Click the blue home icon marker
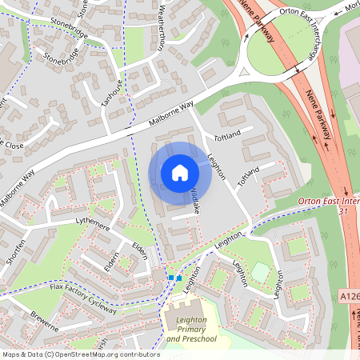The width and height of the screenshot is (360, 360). [x=180, y=173]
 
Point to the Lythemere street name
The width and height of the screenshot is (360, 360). [x=92, y=228]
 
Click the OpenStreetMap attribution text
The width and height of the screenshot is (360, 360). [x=80, y=354]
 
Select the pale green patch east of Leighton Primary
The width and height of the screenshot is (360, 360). [x=261, y=272]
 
